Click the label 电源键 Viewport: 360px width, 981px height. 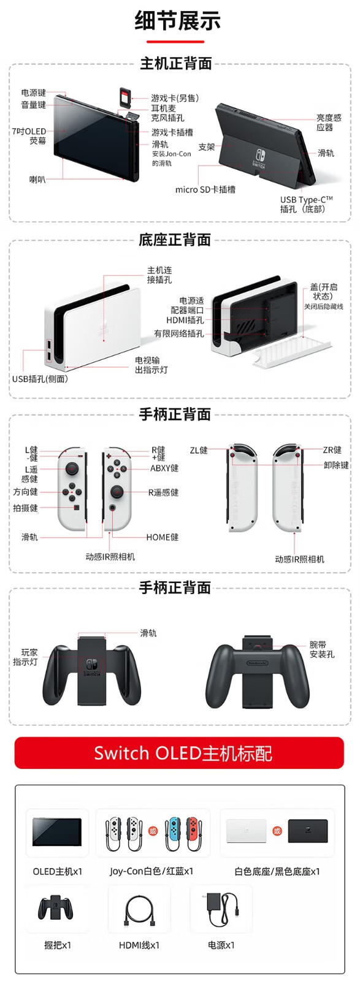(33, 93)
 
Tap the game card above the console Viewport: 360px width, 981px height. (125, 97)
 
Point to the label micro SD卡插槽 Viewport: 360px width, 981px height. (205, 189)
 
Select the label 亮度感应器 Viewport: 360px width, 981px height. (329, 123)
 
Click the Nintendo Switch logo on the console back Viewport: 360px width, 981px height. (259, 158)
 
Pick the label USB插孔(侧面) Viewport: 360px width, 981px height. (40, 379)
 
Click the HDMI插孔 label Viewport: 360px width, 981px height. (185, 320)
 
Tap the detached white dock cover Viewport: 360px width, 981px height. (292, 350)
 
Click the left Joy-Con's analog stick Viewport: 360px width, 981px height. (72, 469)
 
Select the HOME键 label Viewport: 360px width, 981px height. (162, 537)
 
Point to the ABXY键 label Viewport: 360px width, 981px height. (164, 468)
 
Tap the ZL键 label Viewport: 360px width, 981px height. (198, 450)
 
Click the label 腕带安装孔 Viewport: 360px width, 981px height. (322, 649)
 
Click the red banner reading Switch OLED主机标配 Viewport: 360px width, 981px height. (180, 753)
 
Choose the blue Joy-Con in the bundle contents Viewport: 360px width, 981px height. (172, 830)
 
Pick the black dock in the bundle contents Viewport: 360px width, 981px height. (308, 830)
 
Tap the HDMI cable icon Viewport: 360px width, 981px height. (139, 909)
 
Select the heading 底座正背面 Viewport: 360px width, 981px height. (175, 240)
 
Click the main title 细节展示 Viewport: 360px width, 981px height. (177, 21)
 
